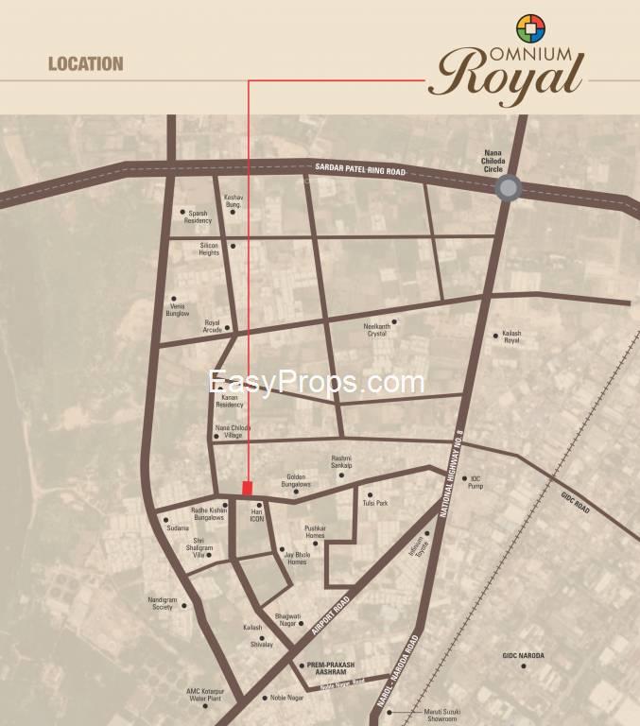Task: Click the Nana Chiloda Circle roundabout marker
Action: pyautogui.click(x=509, y=188)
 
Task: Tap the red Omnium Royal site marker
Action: pyautogui.click(x=248, y=488)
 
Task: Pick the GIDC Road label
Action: pyautogui.click(x=576, y=502)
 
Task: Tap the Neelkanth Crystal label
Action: pyautogui.click(x=376, y=330)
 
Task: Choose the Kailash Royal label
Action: pyautogui.click(x=511, y=337)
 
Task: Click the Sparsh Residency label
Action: pyautogui.click(x=198, y=216)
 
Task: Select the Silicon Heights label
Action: pyautogui.click(x=209, y=250)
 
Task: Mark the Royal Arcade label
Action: pyautogui.click(x=212, y=326)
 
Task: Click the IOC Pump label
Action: pyautogui.click(x=476, y=483)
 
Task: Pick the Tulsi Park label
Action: pyautogui.click(x=375, y=503)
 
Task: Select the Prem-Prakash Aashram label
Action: pyautogui.click(x=327, y=668)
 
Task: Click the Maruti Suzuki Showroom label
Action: pyautogui.click(x=424, y=716)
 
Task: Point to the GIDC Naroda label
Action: pyautogui.click(x=524, y=655)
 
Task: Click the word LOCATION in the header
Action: pyautogui.click(x=86, y=64)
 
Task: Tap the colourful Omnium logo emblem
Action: pyautogui.click(x=531, y=28)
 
